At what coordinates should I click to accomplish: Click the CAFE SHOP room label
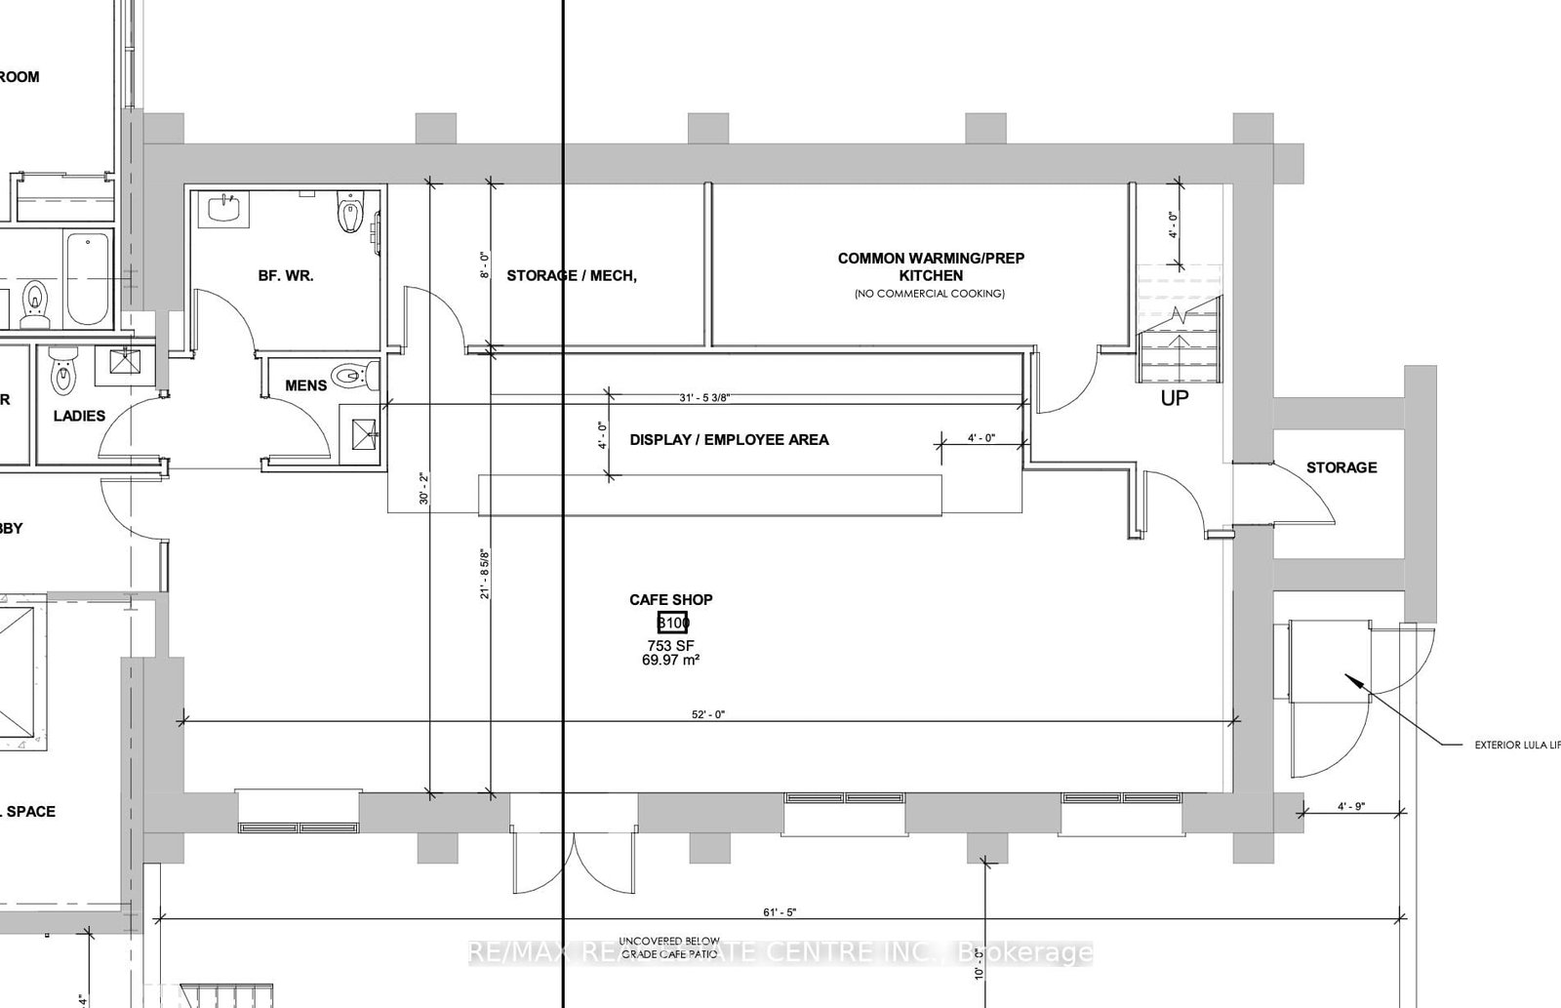(x=670, y=599)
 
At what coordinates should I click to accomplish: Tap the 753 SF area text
(x=670, y=645)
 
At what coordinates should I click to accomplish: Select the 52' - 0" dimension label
(x=708, y=714)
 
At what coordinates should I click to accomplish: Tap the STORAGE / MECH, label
(x=572, y=276)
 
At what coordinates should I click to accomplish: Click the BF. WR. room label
(x=286, y=276)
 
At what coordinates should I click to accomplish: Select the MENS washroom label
(x=305, y=385)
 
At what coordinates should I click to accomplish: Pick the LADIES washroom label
(x=79, y=416)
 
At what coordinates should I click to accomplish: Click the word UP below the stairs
(x=1174, y=398)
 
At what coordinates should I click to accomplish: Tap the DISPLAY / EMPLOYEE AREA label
(x=729, y=440)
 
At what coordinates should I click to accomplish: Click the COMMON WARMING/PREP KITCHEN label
(x=931, y=266)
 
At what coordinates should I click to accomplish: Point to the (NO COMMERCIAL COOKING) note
(x=929, y=294)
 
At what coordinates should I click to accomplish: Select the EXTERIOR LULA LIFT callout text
(x=1516, y=746)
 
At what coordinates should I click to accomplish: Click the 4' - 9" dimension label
(x=1350, y=807)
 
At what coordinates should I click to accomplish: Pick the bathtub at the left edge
(x=89, y=278)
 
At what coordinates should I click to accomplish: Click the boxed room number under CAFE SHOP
(x=672, y=623)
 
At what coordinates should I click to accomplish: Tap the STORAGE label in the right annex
(x=1341, y=467)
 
